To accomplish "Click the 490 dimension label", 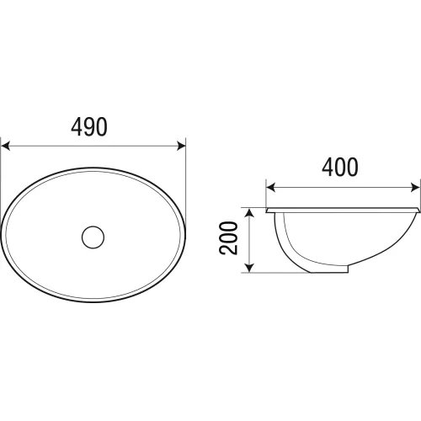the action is click(x=89, y=127).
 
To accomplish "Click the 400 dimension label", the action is click(x=340, y=168).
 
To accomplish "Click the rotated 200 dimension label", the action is click(x=228, y=238).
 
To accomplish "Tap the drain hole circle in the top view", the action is click(x=93, y=237).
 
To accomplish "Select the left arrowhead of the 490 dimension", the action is click(x=6, y=147).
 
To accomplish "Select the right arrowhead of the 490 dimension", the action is click(x=181, y=147).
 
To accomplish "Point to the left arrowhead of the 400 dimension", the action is click(x=270, y=187).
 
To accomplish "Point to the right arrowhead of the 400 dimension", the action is click(x=415, y=187).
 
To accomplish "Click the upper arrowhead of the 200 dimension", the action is click(x=249, y=213).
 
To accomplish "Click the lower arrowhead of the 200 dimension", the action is click(x=249, y=268).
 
